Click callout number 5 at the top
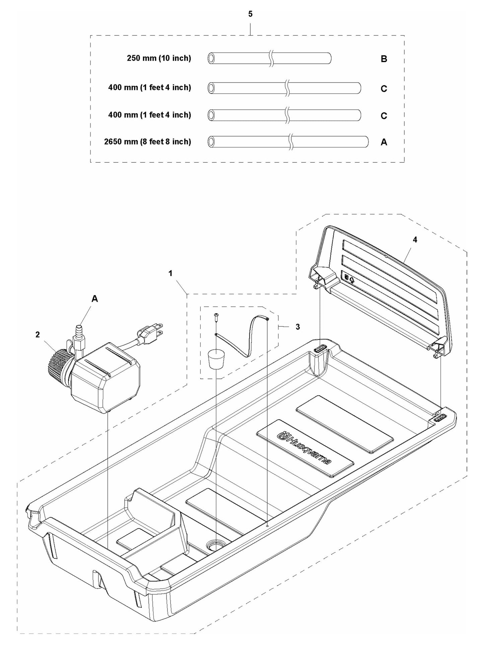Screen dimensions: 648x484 pos(250,14)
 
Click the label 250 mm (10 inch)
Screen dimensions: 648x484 pos(159,58)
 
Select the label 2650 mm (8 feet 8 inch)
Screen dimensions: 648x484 pos(147,142)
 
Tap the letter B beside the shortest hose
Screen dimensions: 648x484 pos(384,59)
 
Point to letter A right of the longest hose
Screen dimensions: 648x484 pos(384,142)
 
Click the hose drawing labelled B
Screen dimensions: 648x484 pos(269,58)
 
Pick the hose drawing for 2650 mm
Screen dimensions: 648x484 pos(288,142)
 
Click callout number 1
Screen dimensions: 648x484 pos(170,273)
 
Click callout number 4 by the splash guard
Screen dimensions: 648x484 pos(415,240)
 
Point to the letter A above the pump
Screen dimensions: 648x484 pos(95,299)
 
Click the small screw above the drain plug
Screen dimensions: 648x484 pos(216,317)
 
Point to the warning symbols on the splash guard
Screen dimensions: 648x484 pos(349,278)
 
